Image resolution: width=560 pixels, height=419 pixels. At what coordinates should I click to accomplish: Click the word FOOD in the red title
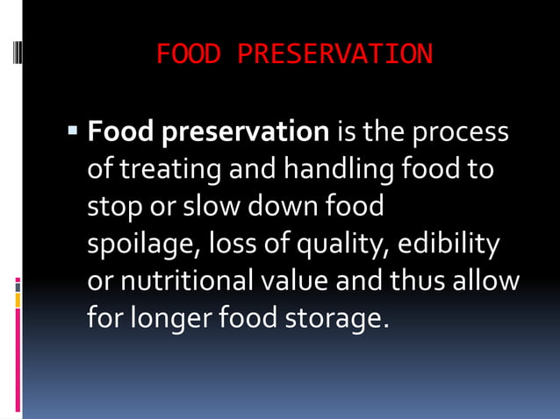point(190,54)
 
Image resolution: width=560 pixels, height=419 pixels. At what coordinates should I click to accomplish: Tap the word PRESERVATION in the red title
point(334,54)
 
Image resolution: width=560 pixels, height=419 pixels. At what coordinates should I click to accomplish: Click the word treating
point(171,170)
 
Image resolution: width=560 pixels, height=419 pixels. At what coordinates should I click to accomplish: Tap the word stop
point(111,208)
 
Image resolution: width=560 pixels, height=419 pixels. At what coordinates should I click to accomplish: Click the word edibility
point(449,245)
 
